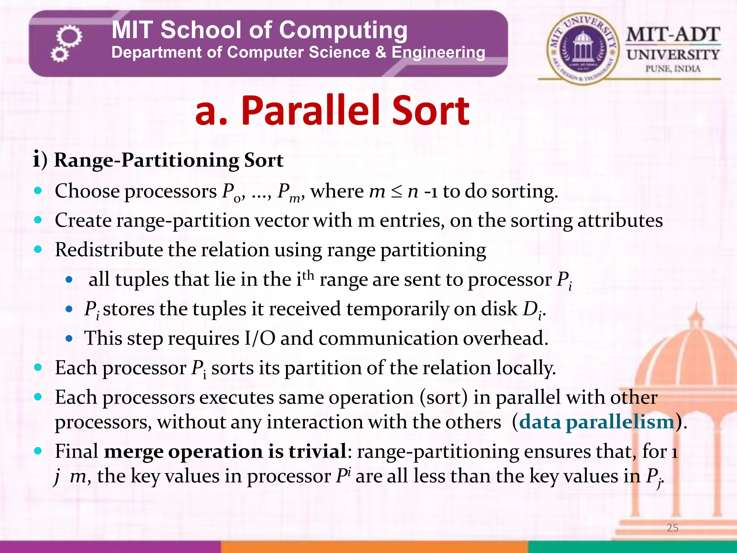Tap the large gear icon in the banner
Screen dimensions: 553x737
click(69, 36)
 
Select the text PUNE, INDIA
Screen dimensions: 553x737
click(673, 69)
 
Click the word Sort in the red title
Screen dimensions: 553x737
click(430, 111)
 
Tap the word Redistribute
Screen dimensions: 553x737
click(109, 250)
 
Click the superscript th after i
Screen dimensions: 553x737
click(308, 275)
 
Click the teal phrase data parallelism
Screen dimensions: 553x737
click(596, 422)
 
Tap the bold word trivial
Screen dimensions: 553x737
click(317, 451)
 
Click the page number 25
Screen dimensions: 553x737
click(672, 528)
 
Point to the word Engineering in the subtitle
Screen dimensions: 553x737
click(438, 53)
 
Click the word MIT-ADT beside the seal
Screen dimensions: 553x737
click(673, 35)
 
